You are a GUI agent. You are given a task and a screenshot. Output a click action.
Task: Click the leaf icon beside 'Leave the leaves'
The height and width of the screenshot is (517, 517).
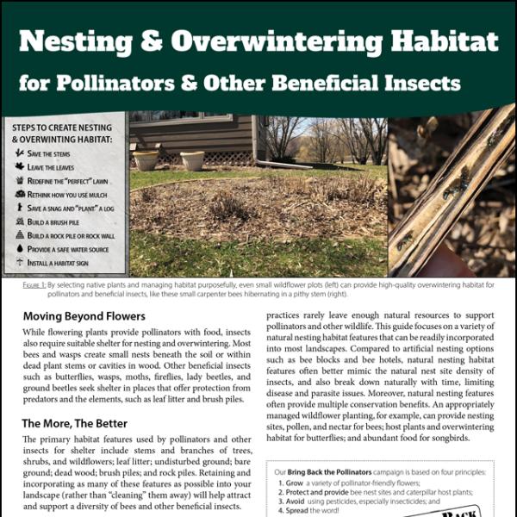click(x=18, y=167)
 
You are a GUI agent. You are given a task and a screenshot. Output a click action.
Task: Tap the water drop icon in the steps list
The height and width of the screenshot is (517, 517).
click(x=18, y=248)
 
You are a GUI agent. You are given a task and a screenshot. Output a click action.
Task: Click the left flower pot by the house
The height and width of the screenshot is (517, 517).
click(x=146, y=160)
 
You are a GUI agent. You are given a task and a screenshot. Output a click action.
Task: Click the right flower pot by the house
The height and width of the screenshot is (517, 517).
click(x=191, y=160)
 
